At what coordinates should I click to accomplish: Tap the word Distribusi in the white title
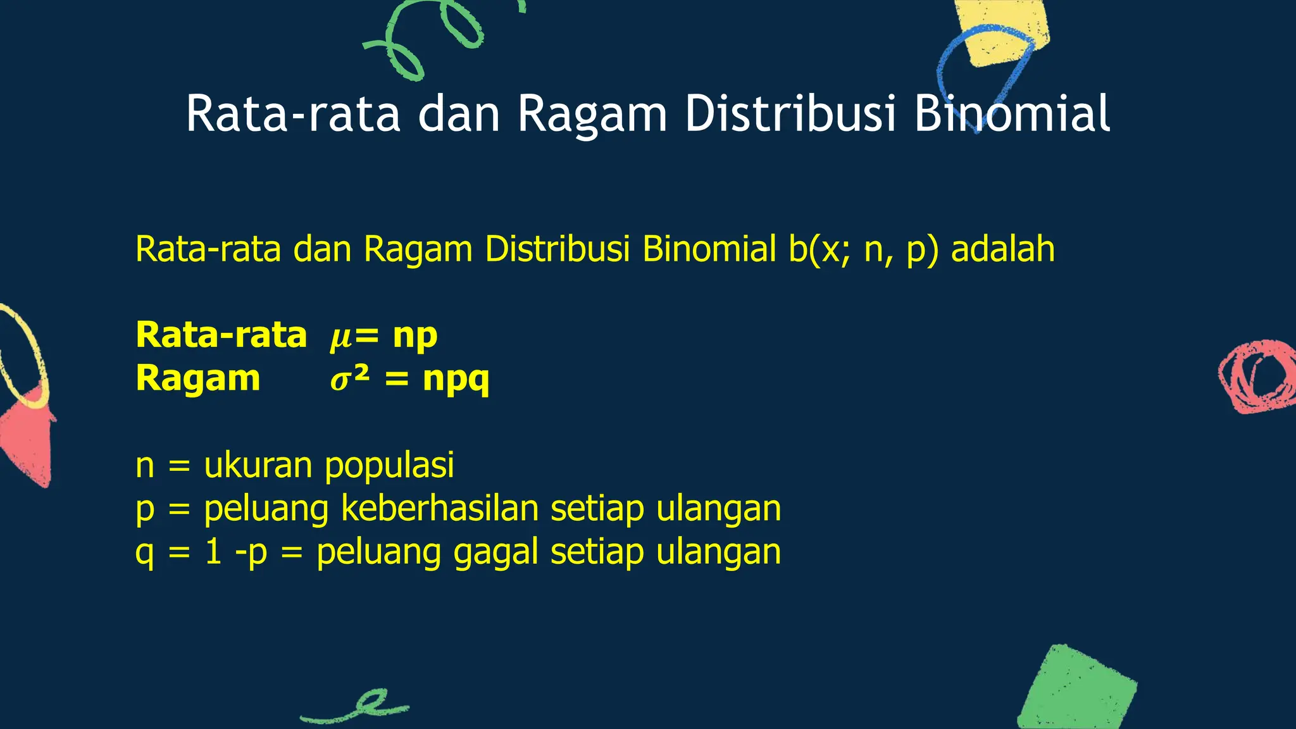[x=791, y=114]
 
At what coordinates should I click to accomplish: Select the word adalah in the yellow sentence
[x=1003, y=249]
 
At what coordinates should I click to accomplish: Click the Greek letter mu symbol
[x=340, y=336]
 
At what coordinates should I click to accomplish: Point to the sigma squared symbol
[x=349, y=379]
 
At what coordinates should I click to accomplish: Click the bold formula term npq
[x=456, y=379]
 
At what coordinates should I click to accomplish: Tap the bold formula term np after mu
[x=414, y=336]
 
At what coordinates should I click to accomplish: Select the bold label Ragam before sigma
[x=198, y=379]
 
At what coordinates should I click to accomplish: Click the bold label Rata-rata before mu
[x=221, y=335]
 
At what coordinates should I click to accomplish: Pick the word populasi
[x=389, y=466]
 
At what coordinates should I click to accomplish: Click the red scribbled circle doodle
[x=1257, y=377]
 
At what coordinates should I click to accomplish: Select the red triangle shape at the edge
[x=28, y=443]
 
